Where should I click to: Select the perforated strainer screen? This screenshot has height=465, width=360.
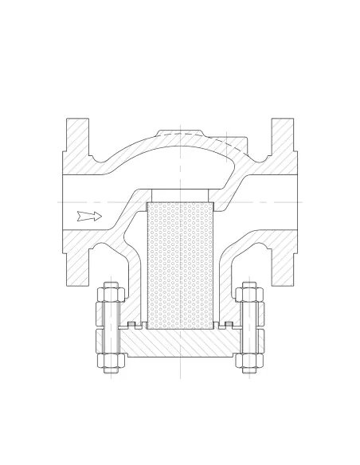(x=181, y=268)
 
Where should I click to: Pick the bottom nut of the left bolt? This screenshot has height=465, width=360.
(x=111, y=361)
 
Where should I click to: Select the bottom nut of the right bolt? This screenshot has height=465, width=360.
(x=249, y=361)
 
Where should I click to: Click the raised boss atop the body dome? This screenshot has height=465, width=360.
(x=182, y=133)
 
